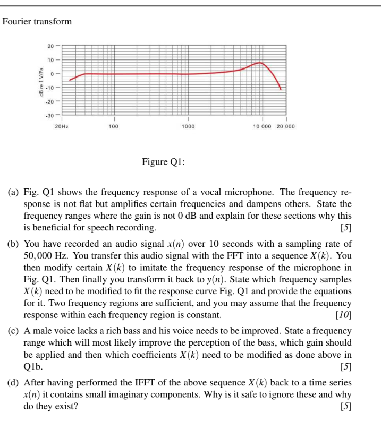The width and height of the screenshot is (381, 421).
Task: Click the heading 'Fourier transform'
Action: click(x=37, y=22)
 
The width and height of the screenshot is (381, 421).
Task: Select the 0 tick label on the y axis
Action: click(x=52, y=73)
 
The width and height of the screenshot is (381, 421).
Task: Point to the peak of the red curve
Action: click(x=260, y=63)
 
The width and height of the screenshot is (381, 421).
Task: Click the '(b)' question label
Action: click(x=13, y=244)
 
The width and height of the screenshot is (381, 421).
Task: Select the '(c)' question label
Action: click(x=13, y=331)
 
